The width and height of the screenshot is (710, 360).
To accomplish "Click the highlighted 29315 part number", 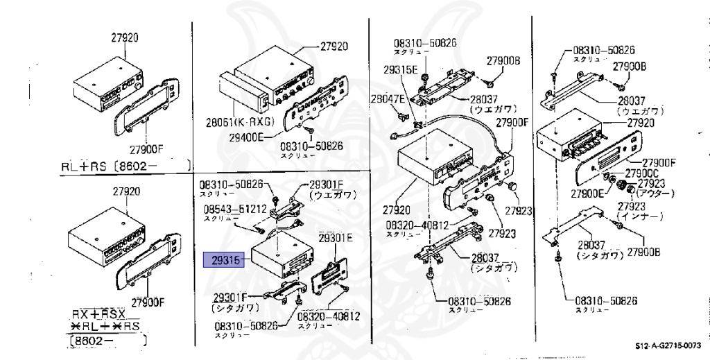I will (221, 261).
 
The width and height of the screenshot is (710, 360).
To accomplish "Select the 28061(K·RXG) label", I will (240, 123).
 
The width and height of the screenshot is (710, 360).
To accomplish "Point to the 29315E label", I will (401, 69).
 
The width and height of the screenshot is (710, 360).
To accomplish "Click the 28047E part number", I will (387, 99).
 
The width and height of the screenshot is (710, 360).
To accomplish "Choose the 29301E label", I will (336, 238).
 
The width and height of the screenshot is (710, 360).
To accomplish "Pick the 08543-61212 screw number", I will (235, 209).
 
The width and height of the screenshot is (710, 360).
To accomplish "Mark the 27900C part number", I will (641, 173).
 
